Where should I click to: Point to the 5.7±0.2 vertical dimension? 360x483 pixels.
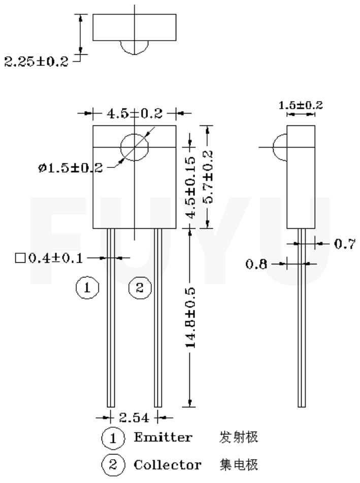[209, 177]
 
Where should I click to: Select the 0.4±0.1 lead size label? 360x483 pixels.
[51, 258]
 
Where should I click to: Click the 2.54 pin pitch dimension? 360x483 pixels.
[134, 418]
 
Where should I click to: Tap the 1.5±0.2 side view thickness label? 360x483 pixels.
[301, 106]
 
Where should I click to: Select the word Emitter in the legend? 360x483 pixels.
[163, 437]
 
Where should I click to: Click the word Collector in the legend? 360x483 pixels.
[167, 464]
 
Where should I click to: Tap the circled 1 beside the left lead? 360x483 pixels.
[87, 288]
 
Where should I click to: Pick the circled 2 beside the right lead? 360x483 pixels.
[140, 288]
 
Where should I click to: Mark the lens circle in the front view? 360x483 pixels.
[134, 147]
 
